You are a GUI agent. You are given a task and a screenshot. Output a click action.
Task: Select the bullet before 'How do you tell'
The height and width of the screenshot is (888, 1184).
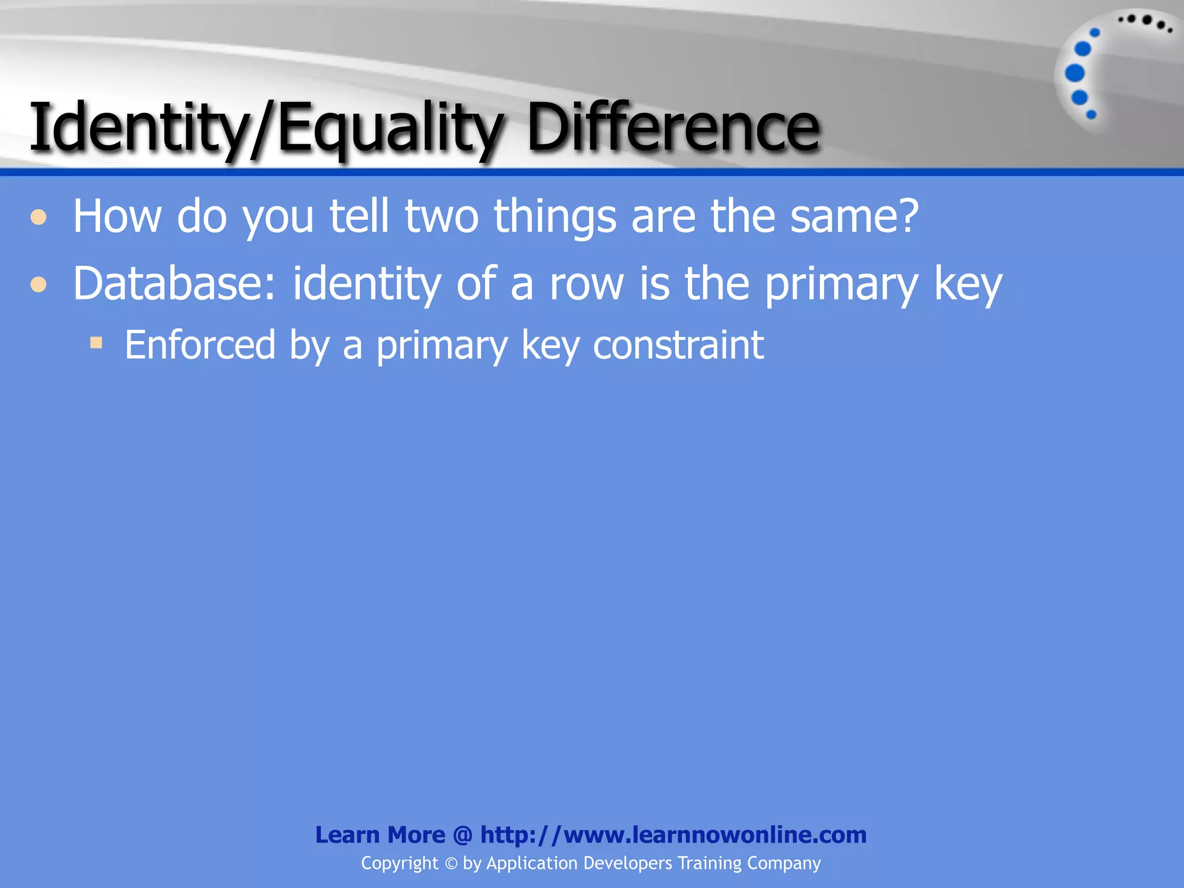tap(39, 217)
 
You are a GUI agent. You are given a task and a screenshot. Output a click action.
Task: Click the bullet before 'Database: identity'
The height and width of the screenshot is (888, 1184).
tap(39, 284)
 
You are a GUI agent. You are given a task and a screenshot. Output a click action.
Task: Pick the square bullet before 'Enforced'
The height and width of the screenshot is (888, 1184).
tap(96, 343)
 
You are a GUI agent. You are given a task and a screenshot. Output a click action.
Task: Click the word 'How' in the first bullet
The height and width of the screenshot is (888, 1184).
tap(117, 216)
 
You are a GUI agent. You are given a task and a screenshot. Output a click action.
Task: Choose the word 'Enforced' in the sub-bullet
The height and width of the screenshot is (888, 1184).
tap(200, 345)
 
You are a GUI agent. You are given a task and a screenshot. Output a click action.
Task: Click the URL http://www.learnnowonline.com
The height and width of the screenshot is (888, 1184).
tap(674, 835)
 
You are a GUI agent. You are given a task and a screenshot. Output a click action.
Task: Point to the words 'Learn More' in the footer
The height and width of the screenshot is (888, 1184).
tap(380, 835)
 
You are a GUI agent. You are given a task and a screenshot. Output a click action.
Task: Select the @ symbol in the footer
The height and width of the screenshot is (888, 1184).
tap(462, 835)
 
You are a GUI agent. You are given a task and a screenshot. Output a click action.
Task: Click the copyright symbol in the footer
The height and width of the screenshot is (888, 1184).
tap(451, 864)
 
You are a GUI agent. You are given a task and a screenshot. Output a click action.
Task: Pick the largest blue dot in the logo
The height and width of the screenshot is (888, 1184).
tap(1075, 73)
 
